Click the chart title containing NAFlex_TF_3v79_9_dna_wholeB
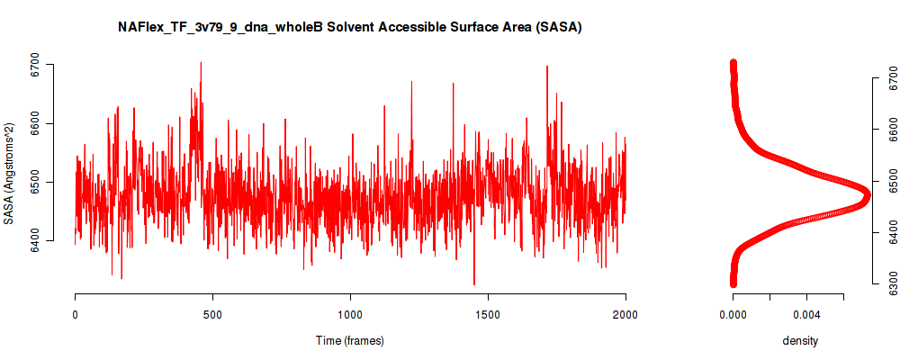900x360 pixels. tap(349, 28)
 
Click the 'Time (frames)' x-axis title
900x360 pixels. tap(349, 340)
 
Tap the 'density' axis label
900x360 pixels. tap(800, 341)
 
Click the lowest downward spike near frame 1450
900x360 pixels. tap(474, 284)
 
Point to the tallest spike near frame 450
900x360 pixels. tap(201, 62)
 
